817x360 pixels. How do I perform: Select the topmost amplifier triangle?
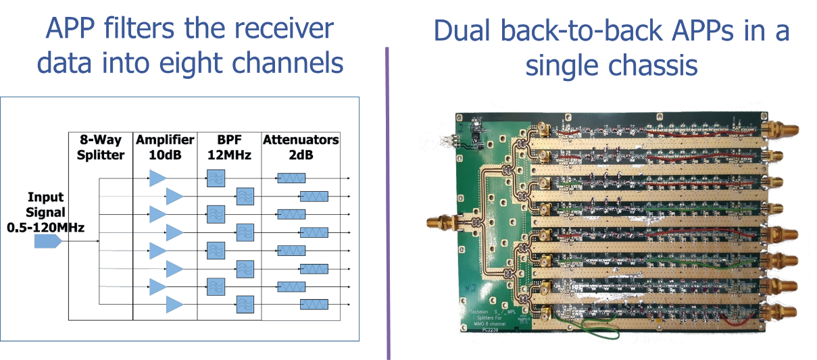click(157, 178)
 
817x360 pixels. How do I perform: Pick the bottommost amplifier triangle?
click(174, 304)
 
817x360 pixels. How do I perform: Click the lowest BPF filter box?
click(244, 304)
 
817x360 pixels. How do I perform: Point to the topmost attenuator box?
click(291, 178)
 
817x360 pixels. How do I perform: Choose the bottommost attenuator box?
click(314, 304)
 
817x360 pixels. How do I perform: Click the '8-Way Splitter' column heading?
click(100, 147)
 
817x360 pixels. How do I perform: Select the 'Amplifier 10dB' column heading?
click(165, 147)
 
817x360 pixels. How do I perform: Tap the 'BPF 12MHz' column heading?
click(227, 147)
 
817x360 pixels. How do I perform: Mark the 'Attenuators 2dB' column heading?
click(300, 147)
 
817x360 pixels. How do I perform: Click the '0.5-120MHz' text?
click(45, 228)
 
